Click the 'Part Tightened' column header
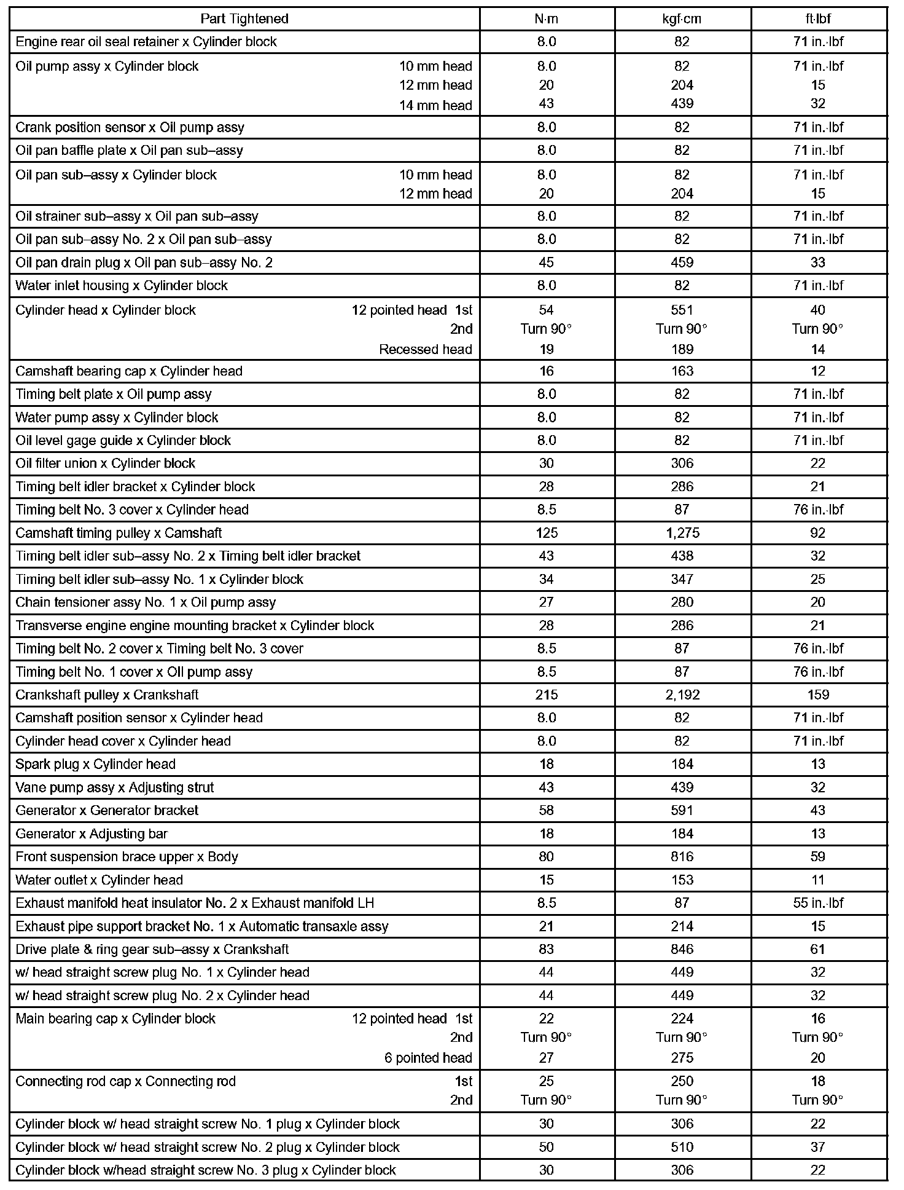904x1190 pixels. tap(244, 18)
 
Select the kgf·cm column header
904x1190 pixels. tap(682, 18)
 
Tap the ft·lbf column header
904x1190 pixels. tap(818, 18)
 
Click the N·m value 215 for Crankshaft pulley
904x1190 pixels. tap(546, 695)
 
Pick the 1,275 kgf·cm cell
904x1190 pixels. tap(682, 533)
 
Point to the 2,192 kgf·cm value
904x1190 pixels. tap(682, 695)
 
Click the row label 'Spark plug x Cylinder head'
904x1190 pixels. tap(96, 764)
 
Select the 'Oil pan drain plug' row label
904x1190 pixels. tap(144, 262)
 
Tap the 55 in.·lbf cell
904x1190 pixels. tap(818, 903)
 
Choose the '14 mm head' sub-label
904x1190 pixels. tap(435, 105)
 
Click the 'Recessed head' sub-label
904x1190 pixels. tap(426, 349)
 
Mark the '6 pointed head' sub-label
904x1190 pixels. tap(428, 1058)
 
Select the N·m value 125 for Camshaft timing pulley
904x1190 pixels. tap(546, 533)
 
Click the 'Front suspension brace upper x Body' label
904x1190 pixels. tap(127, 857)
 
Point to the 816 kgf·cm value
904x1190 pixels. tap(682, 857)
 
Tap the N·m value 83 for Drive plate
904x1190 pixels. tap(546, 949)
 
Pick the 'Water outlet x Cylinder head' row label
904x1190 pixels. tap(99, 880)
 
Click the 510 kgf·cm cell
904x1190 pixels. tap(682, 1147)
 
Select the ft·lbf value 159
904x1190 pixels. tap(818, 695)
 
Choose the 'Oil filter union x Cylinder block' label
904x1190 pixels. tap(105, 463)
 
